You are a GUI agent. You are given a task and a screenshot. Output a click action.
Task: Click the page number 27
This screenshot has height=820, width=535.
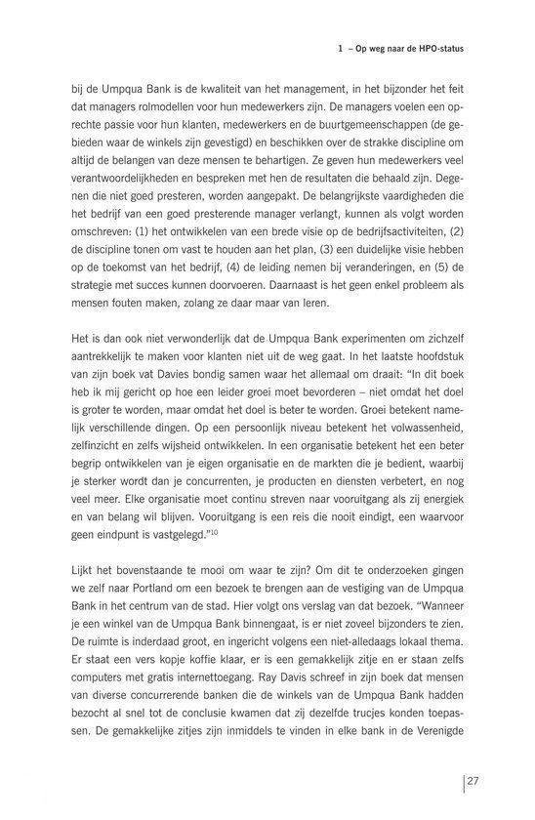[473, 782]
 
